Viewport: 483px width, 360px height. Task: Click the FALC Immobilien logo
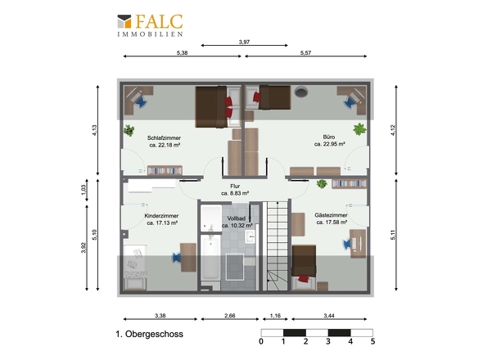[150, 25]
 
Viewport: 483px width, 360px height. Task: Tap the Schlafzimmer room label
[165, 142]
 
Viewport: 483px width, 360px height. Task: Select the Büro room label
[329, 141]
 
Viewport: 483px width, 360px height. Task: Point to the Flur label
[235, 190]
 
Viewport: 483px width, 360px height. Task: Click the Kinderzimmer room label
[162, 219]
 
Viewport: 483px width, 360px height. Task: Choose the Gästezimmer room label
[332, 218]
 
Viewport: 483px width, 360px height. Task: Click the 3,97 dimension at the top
[244, 42]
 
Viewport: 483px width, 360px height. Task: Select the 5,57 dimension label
[305, 52]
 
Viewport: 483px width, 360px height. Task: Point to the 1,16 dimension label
[275, 315]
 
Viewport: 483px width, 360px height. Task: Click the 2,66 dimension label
[230, 315]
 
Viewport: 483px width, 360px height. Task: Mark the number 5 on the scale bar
[372, 341]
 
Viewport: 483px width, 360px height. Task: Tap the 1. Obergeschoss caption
[149, 334]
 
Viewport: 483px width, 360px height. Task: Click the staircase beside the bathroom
[278, 246]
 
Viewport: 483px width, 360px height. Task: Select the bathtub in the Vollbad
[210, 259]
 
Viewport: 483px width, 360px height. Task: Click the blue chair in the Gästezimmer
[347, 244]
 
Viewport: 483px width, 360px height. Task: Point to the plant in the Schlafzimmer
[129, 130]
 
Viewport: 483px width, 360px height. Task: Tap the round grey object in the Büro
[301, 92]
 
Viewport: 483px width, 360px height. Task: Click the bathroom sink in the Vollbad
[251, 236]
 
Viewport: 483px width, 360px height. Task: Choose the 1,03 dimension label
[84, 190]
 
